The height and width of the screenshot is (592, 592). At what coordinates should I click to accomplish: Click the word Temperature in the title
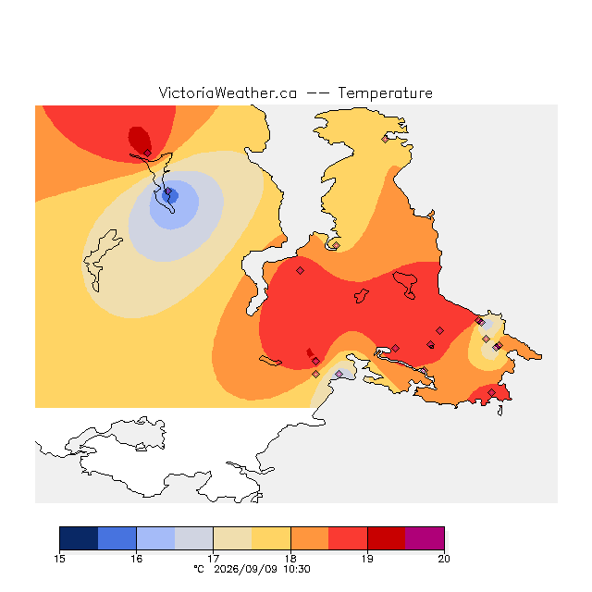[x=385, y=92]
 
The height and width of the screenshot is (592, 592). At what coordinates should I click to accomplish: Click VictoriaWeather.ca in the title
[x=228, y=92]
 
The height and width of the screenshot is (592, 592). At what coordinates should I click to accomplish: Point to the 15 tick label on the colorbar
[x=59, y=559]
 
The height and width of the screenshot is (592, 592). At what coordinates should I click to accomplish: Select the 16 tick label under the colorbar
[x=136, y=559]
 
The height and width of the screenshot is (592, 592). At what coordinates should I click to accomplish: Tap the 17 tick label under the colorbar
[x=214, y=559]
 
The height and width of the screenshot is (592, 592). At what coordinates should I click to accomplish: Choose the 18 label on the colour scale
[x=290, y=559]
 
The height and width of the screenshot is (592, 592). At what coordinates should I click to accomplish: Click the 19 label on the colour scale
[x=367, y=559]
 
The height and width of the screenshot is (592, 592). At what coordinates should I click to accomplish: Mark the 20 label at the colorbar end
[x=444, y=559]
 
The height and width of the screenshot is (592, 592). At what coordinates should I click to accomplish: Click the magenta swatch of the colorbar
[x=425, y=538]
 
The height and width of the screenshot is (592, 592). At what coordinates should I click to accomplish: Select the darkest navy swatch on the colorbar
[x=79, y=538]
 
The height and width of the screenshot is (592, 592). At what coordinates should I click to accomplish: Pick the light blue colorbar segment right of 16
[x=155, y=538]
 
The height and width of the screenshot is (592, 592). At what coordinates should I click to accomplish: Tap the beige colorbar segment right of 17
[x=232, y=538]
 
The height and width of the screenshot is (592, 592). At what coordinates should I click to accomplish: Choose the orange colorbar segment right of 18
[x=310, y=538]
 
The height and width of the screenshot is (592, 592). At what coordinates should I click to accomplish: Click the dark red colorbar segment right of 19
[x=387, y=538]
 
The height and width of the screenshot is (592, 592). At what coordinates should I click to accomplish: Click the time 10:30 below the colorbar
[x=297, y=569]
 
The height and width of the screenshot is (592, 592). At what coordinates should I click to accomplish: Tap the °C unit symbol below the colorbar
[x=199, y=569]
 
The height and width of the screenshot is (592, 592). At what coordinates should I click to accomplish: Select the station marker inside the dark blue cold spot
[x=168, y=191]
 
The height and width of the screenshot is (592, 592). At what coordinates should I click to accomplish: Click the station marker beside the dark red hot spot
[x=147, y=153]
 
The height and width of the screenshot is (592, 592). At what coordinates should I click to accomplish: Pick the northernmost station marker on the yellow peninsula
[x=385, y=140]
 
